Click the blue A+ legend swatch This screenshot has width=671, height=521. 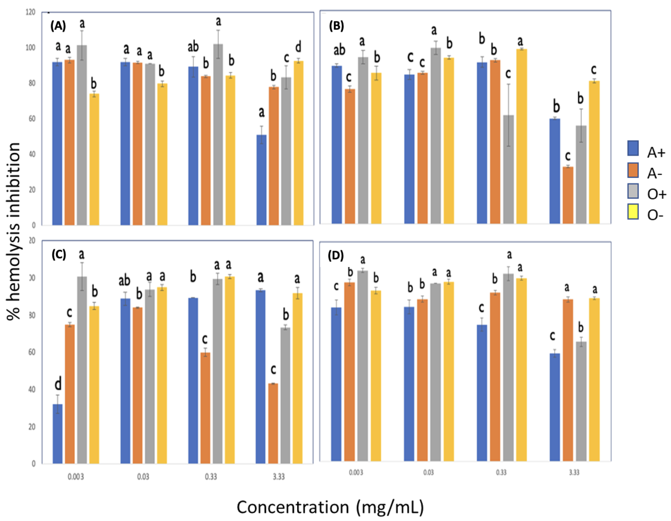pyautogui.click(x=633, y=148)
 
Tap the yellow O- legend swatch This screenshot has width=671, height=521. pyautogui.click(x=633, y=212)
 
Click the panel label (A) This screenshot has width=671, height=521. pyautogui.click(x=58, y=26)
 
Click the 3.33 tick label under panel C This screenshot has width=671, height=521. pyautogui.click(x=278, y=477)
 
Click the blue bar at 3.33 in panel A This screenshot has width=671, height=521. pyautogui.click(x=261, y=180)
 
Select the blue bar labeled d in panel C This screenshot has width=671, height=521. pyautogui.click(x=57, y=434)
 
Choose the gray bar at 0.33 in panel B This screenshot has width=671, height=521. pyautogui.click(x=509, y=169)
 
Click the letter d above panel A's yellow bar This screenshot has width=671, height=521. pyautogui.click(x=298, y=47)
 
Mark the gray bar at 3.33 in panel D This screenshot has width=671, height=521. pyautogui.click(x=581, y=401)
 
